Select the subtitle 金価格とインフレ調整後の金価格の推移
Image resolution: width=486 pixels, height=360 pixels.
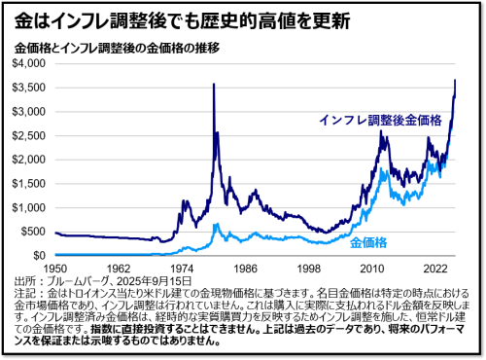[116, 47]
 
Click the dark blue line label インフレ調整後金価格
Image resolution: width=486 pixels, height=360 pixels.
[378, 120]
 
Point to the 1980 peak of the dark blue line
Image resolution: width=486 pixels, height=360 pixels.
[213, 85]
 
